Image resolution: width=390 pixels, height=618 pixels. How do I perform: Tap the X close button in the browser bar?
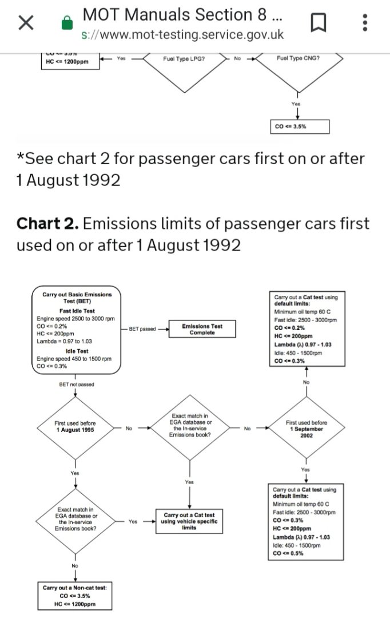26,23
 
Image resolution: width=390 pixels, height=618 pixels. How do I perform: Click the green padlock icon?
67,23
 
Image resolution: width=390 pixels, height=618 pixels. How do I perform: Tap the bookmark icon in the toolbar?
319,23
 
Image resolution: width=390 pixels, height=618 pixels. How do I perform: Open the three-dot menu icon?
365,23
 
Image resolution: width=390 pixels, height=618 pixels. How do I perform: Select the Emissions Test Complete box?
202,330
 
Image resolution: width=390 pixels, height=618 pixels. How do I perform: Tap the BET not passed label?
76,385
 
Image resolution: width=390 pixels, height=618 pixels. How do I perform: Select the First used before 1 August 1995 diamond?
75,427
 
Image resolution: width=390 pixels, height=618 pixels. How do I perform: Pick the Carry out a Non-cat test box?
75,595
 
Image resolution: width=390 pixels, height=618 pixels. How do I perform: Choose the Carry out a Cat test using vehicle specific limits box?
189,521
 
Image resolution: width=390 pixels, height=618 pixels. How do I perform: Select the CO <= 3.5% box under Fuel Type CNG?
299,126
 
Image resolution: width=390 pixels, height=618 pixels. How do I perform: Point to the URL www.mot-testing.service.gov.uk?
183,34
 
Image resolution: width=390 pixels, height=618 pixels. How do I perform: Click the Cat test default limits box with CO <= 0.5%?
305,521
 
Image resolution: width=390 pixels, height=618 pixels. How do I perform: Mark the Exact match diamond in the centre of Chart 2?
190,426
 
